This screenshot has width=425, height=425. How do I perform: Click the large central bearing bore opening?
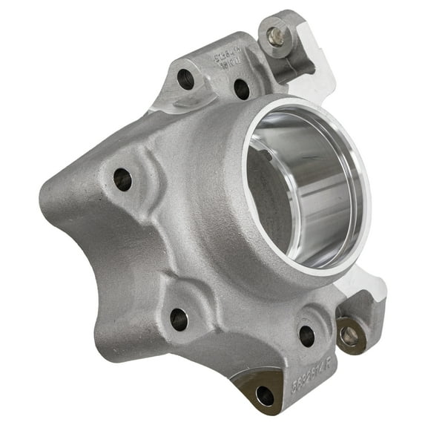tap(300, 185)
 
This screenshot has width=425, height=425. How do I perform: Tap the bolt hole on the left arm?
tap(122, 179)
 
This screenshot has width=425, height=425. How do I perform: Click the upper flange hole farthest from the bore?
tap(186, 79)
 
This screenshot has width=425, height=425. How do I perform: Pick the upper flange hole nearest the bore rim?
tap(242, 89)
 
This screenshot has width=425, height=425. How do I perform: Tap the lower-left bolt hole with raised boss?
tap(179, 319)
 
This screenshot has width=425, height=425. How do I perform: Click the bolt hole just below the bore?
tap(306, 335)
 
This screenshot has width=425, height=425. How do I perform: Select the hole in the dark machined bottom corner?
tap(265, 396)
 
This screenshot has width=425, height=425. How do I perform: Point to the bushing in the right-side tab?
tap(349, 336)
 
